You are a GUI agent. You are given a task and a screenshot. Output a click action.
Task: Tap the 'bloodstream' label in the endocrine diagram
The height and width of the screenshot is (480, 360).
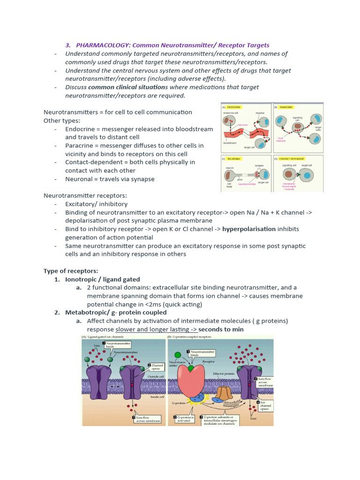pos(230,142)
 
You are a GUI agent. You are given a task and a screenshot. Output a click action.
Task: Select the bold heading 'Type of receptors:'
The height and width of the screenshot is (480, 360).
pos(70,271)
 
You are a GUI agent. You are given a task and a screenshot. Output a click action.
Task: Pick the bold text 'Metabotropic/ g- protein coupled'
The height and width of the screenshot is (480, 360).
pos(116,312)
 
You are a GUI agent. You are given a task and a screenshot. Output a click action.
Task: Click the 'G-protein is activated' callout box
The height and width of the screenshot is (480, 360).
pos(183,419)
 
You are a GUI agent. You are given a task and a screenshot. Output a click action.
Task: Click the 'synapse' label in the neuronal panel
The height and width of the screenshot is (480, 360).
pos(259,165)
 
